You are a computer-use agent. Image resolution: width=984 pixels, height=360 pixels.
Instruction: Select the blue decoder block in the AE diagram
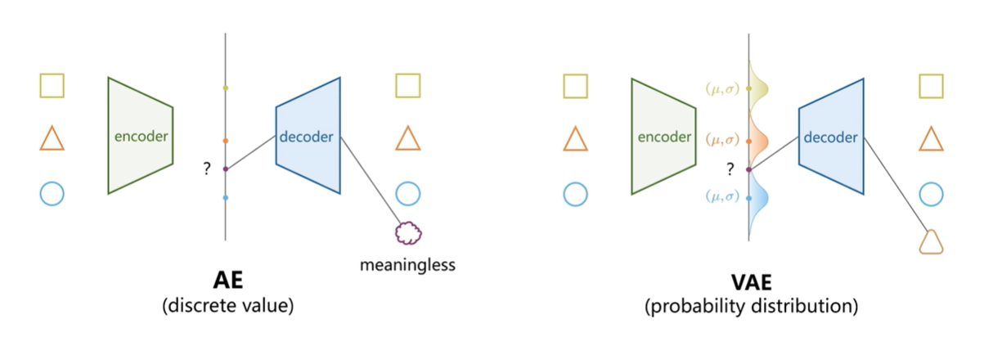coord(308,136)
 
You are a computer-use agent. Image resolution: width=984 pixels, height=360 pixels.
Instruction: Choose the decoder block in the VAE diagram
coord(830,137)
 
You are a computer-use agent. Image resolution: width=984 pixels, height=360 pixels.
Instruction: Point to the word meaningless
coord(407,265)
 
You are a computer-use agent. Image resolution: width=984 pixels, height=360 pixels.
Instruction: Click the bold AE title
coord(227,281)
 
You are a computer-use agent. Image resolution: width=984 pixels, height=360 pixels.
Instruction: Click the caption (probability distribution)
coord(750,308)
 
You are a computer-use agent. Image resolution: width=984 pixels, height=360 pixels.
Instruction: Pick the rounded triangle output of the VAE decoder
coord(931,242)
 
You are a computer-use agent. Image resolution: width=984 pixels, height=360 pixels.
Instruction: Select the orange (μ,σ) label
coord(723,140)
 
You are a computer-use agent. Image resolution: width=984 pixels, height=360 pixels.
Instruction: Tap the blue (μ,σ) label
coord(723,196)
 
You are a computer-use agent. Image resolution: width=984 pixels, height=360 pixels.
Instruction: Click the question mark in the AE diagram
coord(207,169)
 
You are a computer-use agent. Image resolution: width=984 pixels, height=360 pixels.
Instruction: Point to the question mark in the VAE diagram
coord(730,169)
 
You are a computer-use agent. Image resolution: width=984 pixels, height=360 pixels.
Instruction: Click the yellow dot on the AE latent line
coord(226,88)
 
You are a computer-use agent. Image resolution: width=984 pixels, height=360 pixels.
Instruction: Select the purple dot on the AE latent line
coord(226,169)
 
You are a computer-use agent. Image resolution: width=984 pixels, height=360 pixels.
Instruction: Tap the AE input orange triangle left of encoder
coord(52,139)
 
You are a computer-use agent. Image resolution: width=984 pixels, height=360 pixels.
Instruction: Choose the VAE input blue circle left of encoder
coord(575,194)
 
